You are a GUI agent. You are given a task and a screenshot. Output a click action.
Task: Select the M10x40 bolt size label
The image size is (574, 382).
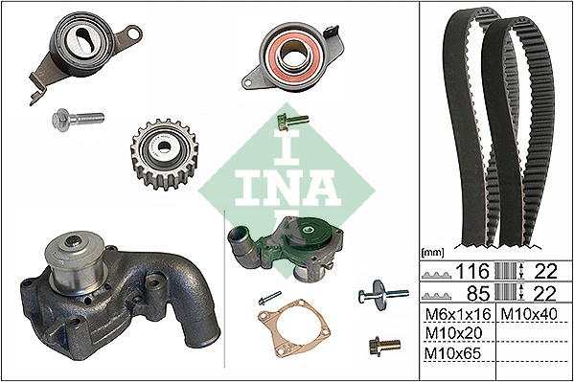tap(529, 314)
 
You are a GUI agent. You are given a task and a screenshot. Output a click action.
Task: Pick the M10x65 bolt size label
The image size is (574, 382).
tap(452, 353)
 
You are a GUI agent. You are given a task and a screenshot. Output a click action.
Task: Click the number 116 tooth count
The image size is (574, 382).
tap(471, 271)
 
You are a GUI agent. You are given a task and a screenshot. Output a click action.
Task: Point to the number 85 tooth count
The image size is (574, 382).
tap(478, 293)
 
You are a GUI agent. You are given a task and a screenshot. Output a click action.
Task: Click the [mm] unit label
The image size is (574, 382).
tap(432, 252)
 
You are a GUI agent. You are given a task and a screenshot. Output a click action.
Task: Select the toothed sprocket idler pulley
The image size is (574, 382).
tap(164, 154)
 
